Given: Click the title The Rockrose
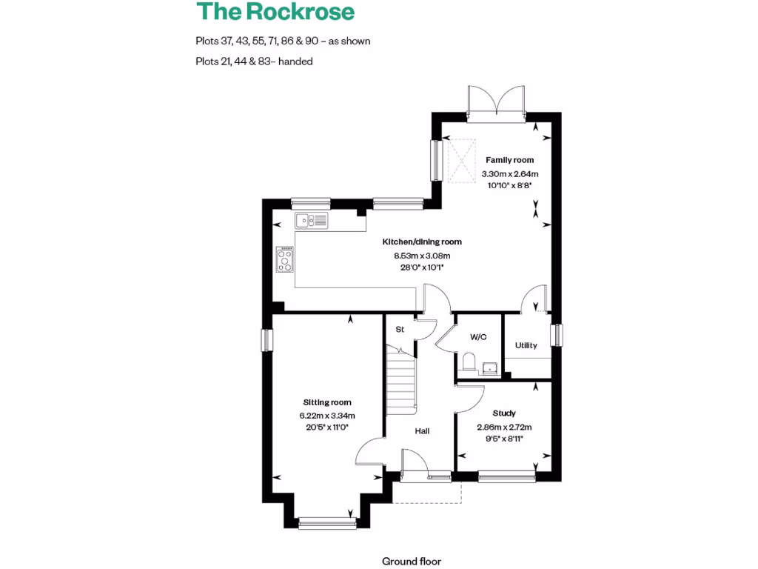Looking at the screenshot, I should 275,12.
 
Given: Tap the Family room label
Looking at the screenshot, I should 509,160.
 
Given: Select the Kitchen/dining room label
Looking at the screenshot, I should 421,242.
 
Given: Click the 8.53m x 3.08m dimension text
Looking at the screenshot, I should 421,256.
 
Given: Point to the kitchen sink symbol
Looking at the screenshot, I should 311,220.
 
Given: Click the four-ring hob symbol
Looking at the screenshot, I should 284,259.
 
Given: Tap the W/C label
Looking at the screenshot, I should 477,337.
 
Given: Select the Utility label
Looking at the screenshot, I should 526,345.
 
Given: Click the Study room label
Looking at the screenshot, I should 503,413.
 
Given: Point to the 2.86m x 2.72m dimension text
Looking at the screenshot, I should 503,427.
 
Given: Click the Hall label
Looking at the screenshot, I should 422,431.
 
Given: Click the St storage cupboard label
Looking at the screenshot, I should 399,329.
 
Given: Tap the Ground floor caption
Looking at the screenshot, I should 411,562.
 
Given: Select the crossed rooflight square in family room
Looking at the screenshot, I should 463,161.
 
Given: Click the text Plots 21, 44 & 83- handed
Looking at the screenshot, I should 254,61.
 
